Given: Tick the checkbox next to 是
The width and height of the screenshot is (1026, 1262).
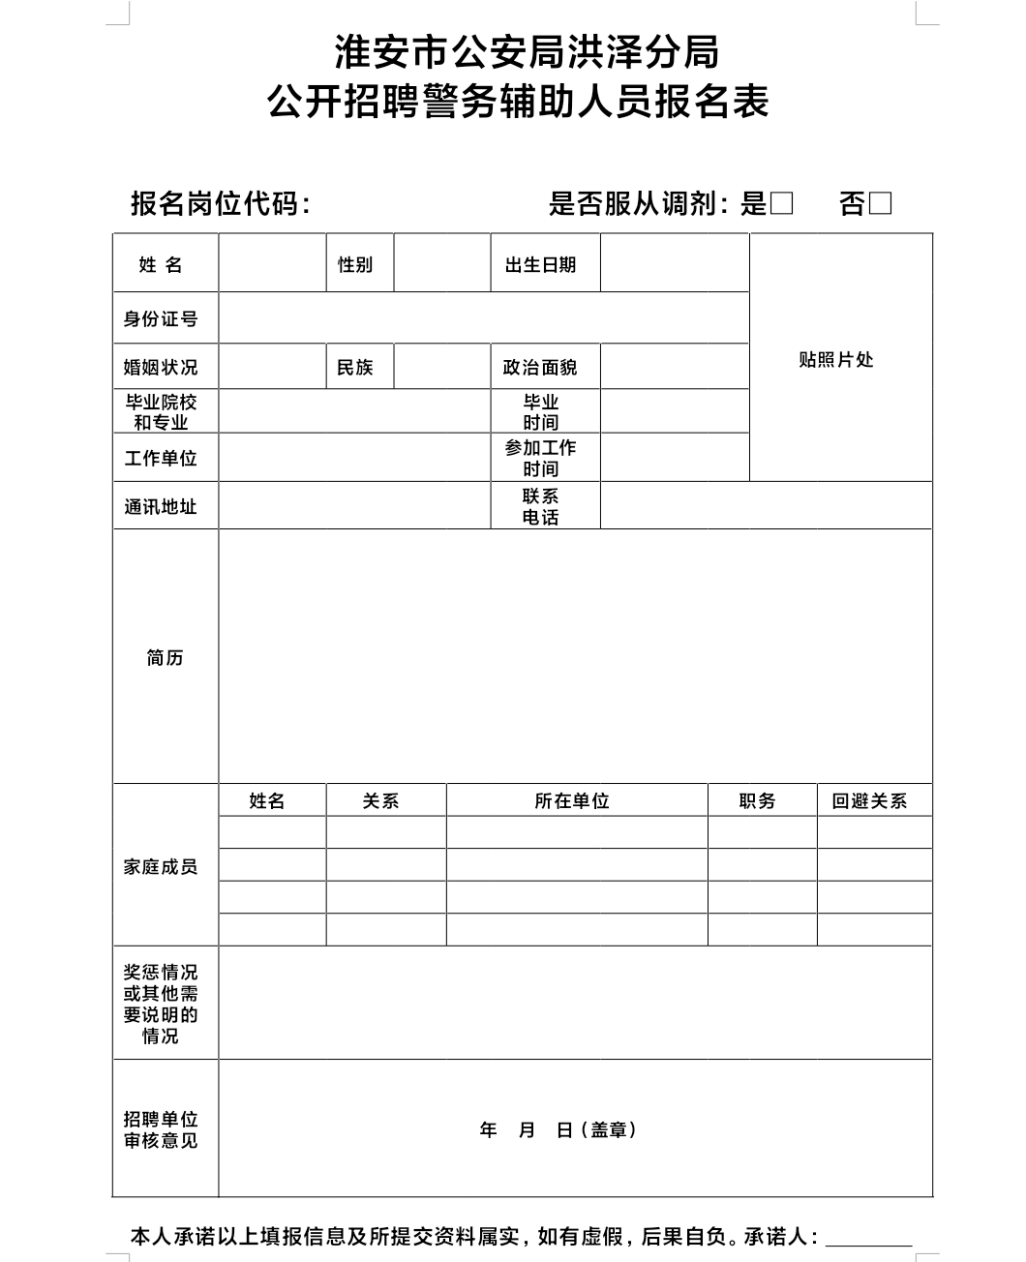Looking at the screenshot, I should pos(782,203).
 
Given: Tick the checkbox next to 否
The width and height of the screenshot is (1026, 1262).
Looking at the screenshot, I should pos(880,203).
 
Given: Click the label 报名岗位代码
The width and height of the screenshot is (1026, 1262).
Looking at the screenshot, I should pos(221,203).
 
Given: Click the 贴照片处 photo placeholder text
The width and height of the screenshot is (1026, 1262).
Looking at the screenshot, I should pos(836,360).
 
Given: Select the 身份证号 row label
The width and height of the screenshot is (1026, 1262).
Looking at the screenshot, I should pos(161,318).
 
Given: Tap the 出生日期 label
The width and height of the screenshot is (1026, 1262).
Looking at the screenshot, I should pos(540,264).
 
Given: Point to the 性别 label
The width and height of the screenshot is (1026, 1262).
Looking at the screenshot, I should pos(355,264).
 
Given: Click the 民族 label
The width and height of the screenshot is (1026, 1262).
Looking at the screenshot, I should pos(355,368).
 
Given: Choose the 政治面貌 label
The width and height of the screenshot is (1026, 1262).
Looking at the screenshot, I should pos(540,368).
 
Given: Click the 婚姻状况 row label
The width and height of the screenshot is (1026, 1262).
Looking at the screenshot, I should pos(161,368).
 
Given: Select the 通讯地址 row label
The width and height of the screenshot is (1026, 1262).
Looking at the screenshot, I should pos(161,506).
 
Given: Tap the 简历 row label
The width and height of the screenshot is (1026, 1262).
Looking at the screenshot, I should pos(165,658).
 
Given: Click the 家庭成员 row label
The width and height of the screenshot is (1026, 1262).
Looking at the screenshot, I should pos(161,866).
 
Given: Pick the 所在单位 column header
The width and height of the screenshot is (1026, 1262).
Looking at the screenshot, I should pos(572,801).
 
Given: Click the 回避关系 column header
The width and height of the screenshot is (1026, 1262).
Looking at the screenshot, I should pos(870,801).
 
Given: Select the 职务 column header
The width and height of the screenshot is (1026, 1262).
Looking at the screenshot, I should pos(757,801).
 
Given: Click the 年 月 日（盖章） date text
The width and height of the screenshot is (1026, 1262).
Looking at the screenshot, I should pos(559,1129).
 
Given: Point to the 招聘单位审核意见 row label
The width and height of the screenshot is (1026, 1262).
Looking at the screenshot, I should pos(161,1129).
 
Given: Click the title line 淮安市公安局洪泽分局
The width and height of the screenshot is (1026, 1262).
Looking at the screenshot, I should pos(528,52).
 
